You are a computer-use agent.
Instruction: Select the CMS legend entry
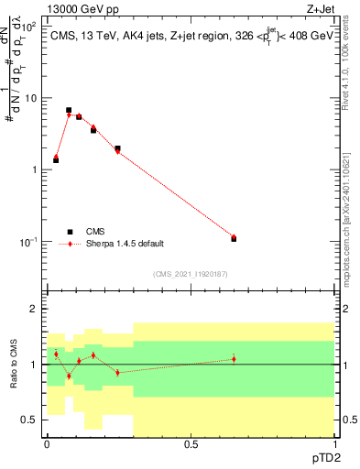94,232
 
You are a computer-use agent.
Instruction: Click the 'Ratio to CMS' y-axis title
15,364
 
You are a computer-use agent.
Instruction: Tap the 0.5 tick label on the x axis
191,443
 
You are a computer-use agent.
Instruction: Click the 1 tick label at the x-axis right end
333,443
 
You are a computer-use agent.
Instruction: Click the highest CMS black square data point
69,110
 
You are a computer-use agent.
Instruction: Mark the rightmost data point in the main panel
234,238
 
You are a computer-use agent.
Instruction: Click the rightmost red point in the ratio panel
234,358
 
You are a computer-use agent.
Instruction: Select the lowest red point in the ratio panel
69,376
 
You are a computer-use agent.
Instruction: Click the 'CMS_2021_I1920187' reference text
190,274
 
